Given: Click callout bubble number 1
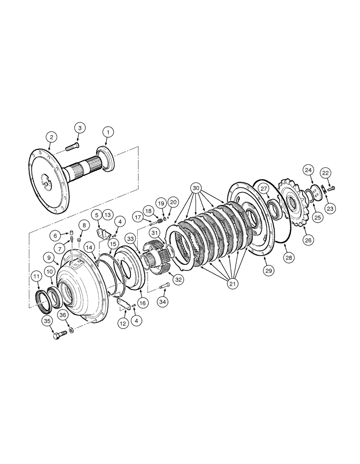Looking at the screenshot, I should [x=108, y=133].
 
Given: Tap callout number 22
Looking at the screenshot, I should [x=326, y=173].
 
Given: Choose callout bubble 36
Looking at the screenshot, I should [x=64, y=315].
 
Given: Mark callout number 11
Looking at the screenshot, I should [x=36, y=277].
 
